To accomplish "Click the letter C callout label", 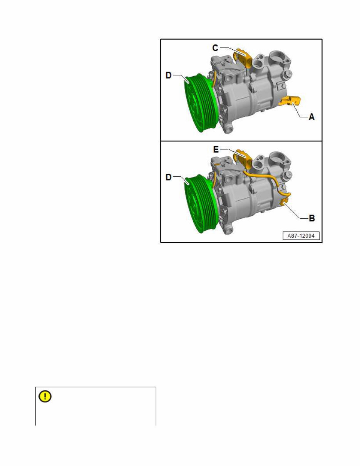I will (215, 48).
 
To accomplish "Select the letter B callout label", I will (311, 218).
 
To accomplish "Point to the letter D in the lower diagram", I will (169, 178).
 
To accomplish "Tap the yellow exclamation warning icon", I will (45, 397).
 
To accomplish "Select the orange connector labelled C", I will (245, 57).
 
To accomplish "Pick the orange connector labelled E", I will (245, 158).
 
